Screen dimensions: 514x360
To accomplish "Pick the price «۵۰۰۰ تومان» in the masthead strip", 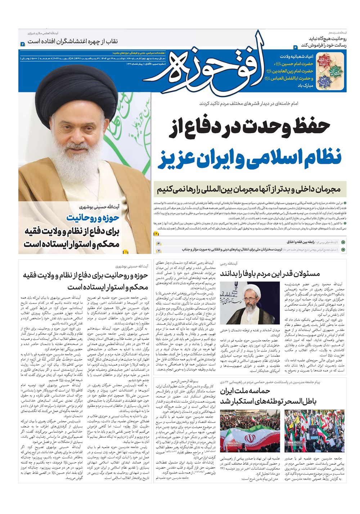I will coord(28,58).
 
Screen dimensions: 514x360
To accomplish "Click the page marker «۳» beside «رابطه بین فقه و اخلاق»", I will coord(158,243).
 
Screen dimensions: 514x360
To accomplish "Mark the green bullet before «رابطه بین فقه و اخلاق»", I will coord(343,243).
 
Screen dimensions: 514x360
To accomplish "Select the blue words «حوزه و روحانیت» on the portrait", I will coord(95,218).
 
